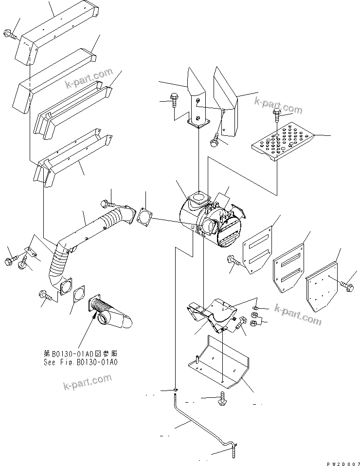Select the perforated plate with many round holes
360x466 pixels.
tap(281, 140)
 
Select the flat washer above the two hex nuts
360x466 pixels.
tap(257, 308)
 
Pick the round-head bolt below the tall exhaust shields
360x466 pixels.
tap(215, 141)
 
